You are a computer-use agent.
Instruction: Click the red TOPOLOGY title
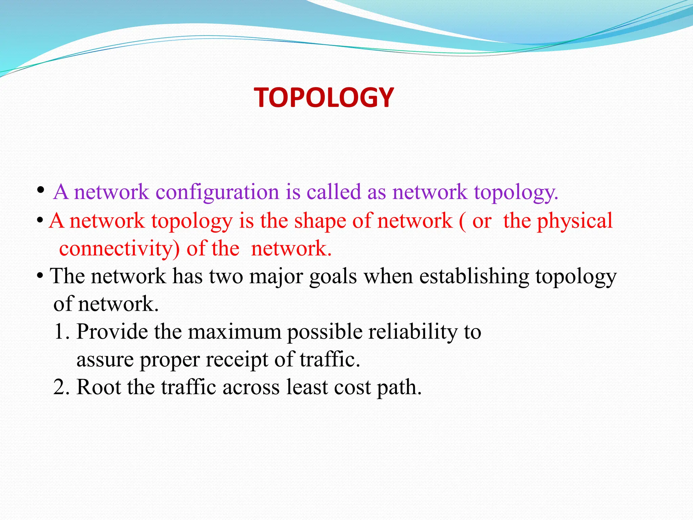324,97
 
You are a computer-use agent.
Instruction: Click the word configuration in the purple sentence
217,192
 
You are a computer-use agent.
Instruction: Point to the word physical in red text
575,221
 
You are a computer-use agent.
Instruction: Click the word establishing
474,276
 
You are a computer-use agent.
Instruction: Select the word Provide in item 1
112,331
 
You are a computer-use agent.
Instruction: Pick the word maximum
234,331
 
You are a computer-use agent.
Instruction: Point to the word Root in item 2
98,387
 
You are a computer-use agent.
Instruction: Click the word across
251,387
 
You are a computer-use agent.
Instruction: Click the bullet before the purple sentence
41,190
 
